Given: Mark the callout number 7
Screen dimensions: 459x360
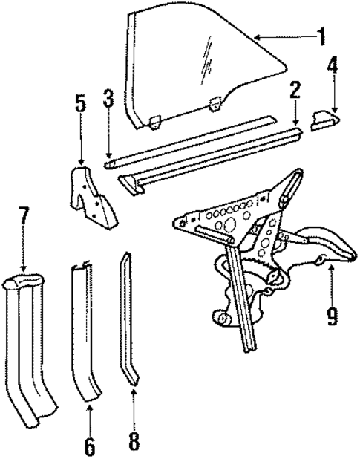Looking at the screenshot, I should (24, 221).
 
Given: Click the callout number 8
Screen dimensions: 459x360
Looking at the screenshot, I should (133, 441).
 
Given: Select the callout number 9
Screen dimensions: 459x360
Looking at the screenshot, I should (331, 316).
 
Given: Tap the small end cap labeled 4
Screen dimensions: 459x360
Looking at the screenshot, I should (323, 120).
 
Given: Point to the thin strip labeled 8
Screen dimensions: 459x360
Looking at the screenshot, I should (129, 319).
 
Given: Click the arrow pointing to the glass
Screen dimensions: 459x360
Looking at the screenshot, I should (278, 36).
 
